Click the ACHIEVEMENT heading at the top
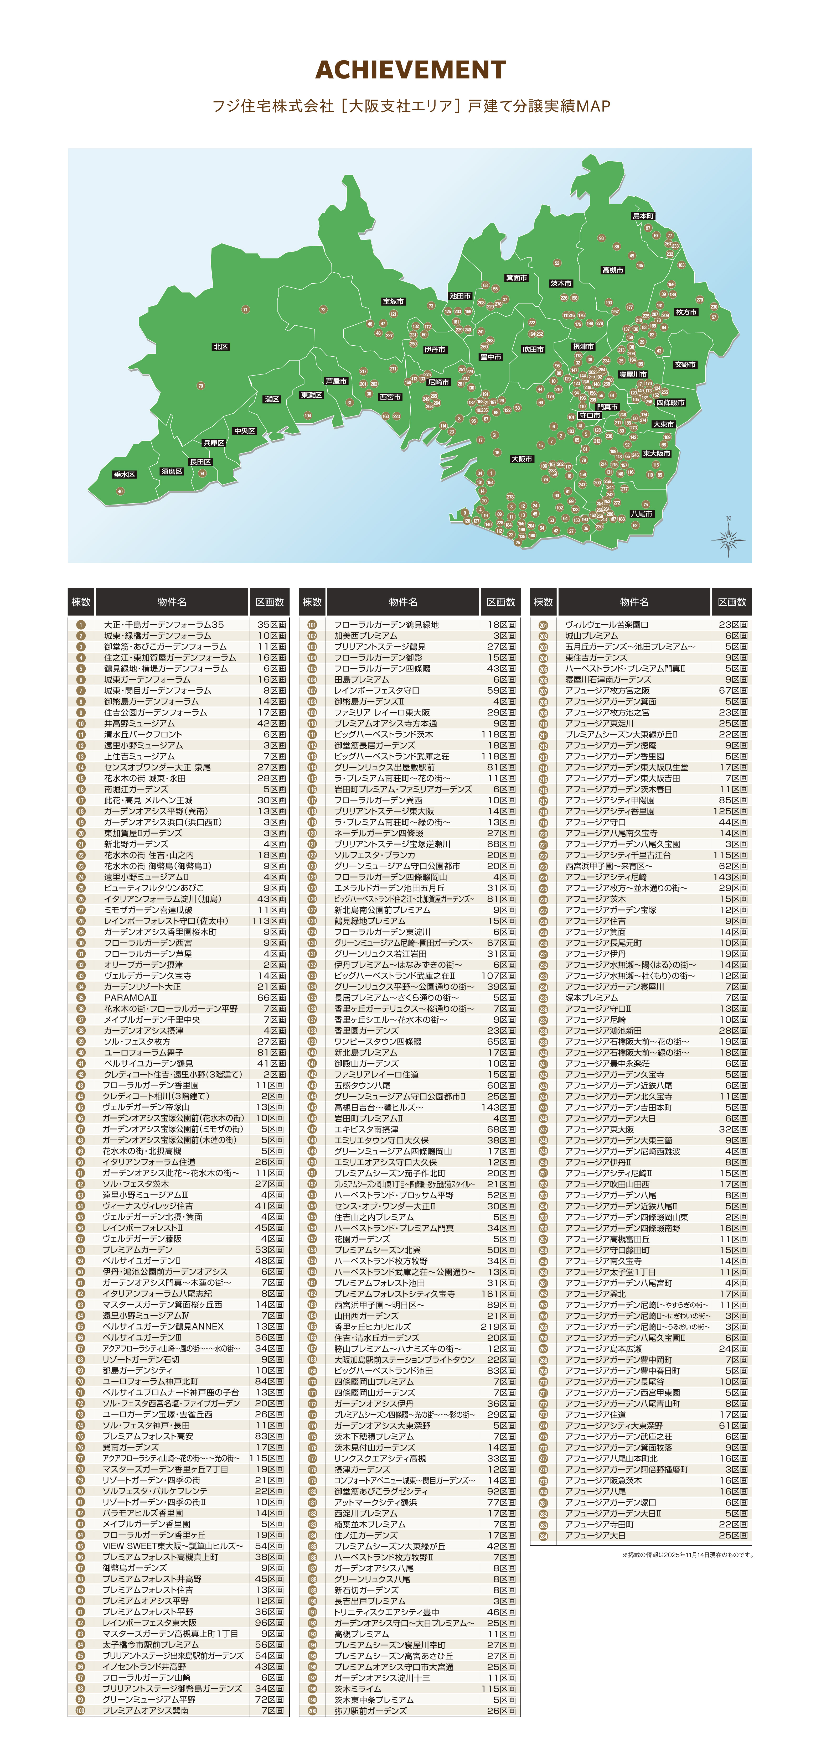pos(410,70)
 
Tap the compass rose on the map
pos(729,539)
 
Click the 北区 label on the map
pos(220,347)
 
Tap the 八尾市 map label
pos(641,514)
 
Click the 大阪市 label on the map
pos(522,459)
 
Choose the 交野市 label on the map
pos(685,365)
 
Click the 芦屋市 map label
pos(336,381)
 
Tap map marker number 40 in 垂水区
pos(120,491)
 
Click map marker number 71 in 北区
pos(246,309)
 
